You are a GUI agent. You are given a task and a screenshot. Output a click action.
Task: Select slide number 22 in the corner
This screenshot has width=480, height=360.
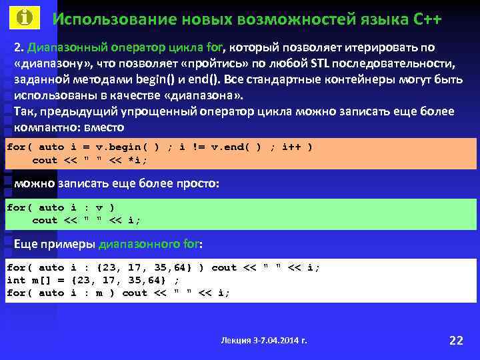pos(456,341)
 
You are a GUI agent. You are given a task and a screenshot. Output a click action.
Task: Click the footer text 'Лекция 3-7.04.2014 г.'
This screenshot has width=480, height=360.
pos(264,341)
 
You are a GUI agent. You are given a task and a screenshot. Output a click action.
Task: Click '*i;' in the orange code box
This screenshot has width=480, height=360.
pos(137,160)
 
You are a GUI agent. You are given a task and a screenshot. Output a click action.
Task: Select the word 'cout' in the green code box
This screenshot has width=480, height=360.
pos(45,220)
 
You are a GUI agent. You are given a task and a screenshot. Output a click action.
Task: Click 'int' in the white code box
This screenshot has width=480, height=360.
pos(15,280)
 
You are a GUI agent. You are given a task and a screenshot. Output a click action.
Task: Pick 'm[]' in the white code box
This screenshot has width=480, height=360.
pos(41,280)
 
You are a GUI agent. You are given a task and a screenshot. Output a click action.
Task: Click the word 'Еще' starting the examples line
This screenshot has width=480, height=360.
pos(27,245)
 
